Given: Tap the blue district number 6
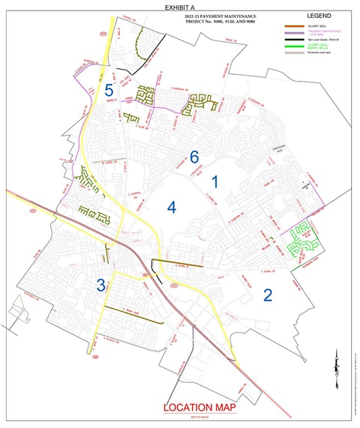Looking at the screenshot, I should tap(194, 157).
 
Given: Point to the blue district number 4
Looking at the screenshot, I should tap(171, 207).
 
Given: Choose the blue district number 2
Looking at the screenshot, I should tap(266, 295).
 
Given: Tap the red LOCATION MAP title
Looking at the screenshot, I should tap(199, 407).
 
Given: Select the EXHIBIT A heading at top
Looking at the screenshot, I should tap(179, 5).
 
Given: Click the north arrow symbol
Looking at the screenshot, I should tap(340, 358).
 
